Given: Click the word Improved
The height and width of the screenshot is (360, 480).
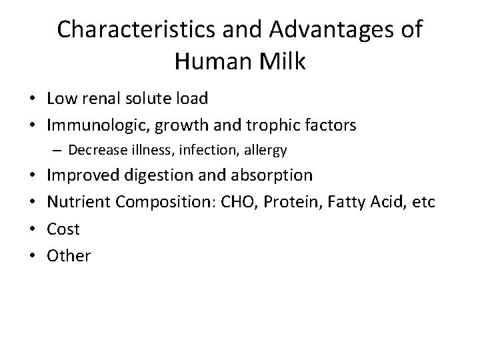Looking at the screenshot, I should click(x=83, y=175).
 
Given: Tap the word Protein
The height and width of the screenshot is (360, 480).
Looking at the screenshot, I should click(x=297, y=202).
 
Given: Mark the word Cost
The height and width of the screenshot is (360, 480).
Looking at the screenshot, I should click(x=63, y=229).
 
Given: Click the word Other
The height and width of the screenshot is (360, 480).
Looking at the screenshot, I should click(x=69, y=255).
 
